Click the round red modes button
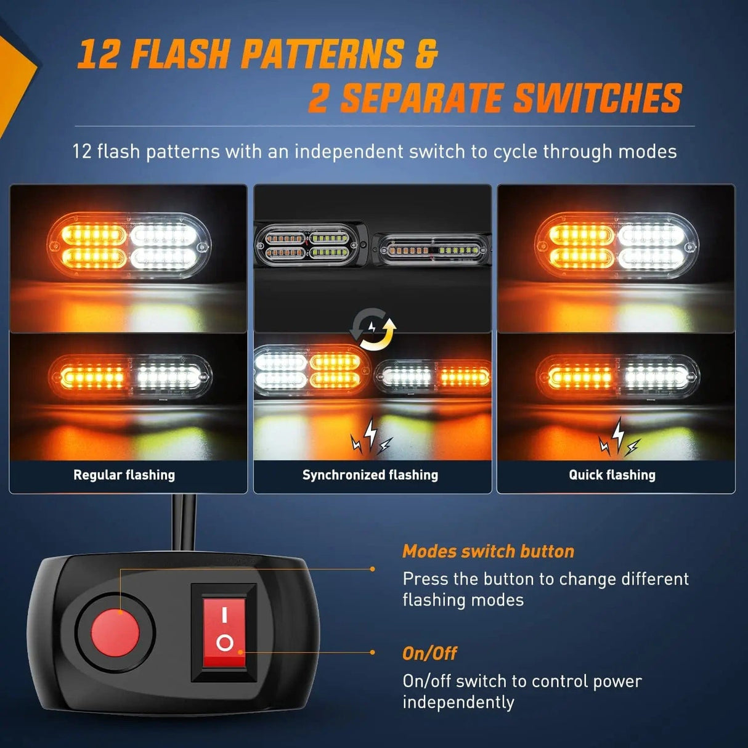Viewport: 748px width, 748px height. click(x=115, y=632)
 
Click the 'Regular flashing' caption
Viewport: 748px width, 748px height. click(x=124, y=475)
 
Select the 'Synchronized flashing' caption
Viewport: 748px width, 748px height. click(x=370, y=475)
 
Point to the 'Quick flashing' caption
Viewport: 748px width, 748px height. click(x=612, y=475)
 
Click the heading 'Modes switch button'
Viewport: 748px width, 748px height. click(x=488, y=551)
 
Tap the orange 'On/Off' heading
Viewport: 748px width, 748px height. click(x=429, y=653)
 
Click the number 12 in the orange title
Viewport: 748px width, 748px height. click(x=98, y=54)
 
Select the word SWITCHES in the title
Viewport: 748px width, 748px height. click(x=598, y=99)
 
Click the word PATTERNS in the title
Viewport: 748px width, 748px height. click(x=322, y=54)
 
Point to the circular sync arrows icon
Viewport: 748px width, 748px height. click(x=373, y=330)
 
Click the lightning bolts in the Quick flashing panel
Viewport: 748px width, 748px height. click(x=619, y=437)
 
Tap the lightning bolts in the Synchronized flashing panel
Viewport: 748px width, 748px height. click(x=371, y=436)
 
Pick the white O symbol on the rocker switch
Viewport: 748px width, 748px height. click(x=225, y=644)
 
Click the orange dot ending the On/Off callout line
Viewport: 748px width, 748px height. click(x=373, y=652)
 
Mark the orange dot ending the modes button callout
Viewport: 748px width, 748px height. click(x=373, y=569)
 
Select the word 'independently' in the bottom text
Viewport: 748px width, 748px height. click(x=458, y=702)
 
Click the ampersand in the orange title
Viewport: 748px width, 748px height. click(x=425, y=54)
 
